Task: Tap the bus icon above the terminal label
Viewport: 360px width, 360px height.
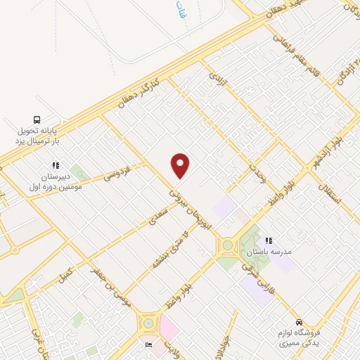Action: click(x=37, y=119)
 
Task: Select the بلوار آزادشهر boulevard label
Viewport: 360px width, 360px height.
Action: click(x=311, y=159)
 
